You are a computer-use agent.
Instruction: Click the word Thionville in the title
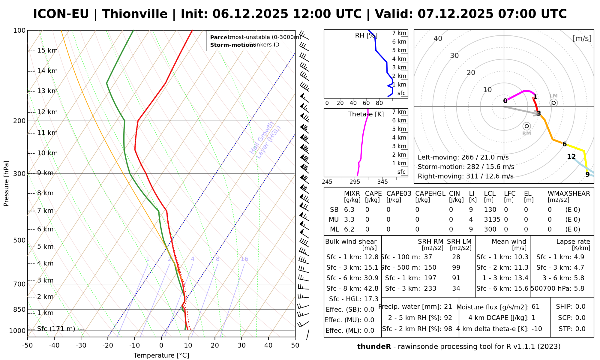coord(135,14)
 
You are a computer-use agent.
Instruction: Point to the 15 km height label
coord(47,51)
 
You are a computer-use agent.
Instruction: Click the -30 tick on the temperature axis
coord(81,346)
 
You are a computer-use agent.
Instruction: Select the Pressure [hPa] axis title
coord(6,183)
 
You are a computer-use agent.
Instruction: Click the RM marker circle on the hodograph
coord(526,126)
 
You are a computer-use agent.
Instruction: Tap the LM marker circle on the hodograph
coord(553,103)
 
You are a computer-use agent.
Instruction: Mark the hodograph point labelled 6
coord(564,144)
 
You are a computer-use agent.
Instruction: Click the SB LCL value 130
coord(490,210)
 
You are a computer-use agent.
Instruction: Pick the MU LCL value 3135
coord(492,220)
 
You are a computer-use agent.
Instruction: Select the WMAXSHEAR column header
coord(569,193)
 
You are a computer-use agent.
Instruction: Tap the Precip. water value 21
coord(448,307)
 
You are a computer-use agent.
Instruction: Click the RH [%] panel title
coord(366,36)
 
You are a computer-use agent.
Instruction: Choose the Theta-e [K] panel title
coord(366,114)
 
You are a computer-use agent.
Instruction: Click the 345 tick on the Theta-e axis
coord(382,182)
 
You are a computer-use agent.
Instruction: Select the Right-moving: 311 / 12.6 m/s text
coord(465,176)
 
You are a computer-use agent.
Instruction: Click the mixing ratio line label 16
coord(244,259)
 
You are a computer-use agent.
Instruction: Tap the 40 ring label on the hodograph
coord(438,38)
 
